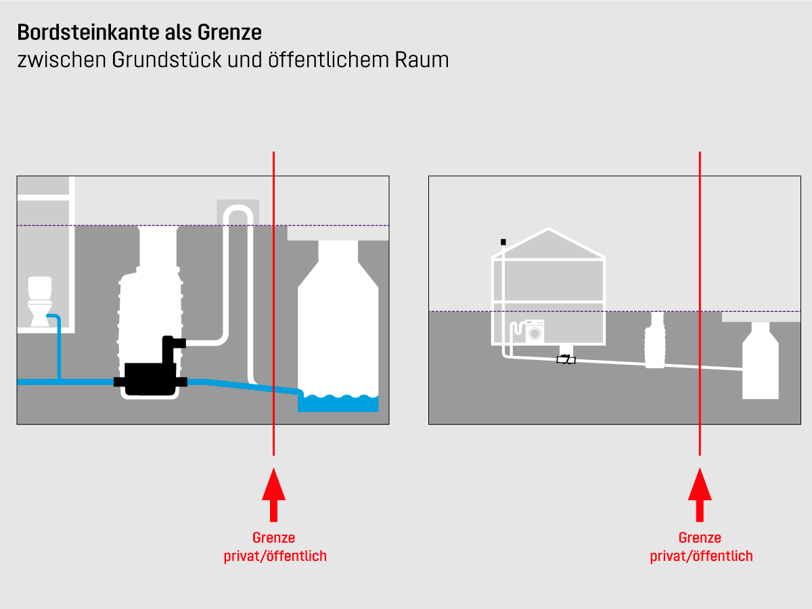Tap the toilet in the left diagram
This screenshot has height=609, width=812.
click(39, 300)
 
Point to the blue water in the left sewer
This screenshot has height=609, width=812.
click(338, 403)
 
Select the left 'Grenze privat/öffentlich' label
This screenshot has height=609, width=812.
click(275, 547)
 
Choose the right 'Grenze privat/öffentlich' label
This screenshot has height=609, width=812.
click(701, 547)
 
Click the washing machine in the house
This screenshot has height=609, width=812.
click(535, 333)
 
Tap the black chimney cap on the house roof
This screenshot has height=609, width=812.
click(503, 242)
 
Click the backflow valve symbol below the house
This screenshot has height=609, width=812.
click(566, 359)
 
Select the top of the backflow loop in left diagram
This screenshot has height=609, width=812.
click(238, 211)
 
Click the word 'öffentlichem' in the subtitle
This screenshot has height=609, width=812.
click(314, 60)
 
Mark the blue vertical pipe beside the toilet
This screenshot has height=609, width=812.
click(59, 345)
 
